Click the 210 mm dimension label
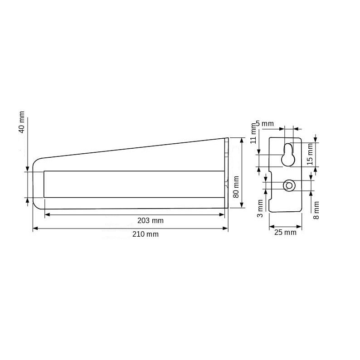(146, 234)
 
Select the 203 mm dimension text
(151, 221)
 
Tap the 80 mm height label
(236, 187)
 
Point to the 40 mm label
(22, 122)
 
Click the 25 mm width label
(285, 232)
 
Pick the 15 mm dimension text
(310, 154)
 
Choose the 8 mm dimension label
(316, 210)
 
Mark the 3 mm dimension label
(260, 209)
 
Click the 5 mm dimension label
(265, 123)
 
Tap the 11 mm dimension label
(253, 133)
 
